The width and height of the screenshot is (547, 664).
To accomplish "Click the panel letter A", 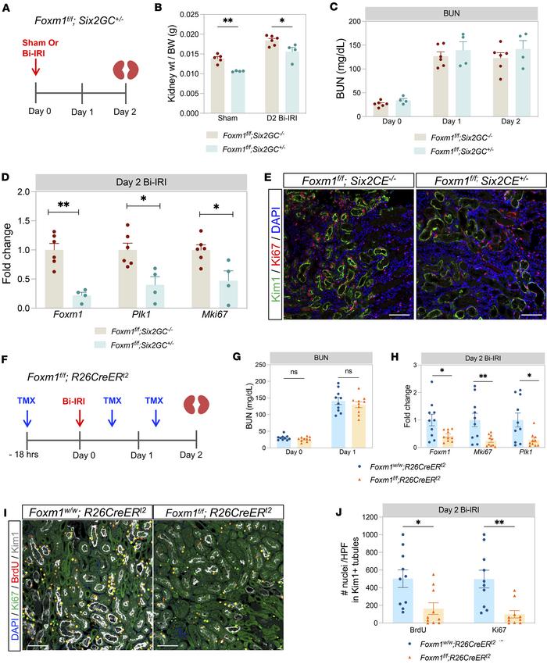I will pos(8,9).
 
